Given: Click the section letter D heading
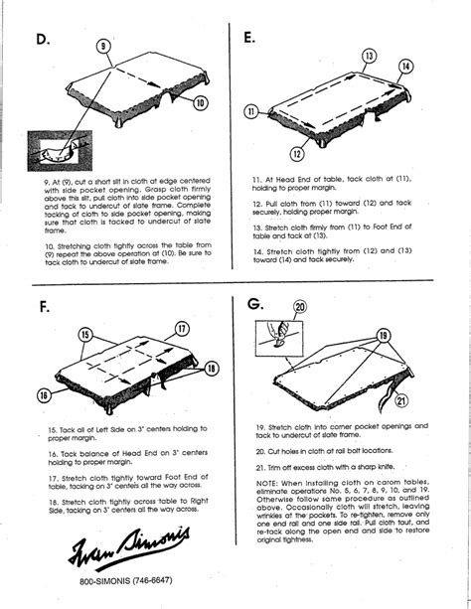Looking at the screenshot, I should pyautogui.click(x=42, y=41).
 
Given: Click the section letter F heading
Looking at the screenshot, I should pyautogui.click(x=45, y=307).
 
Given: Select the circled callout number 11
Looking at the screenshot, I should pyautogui.click(x=252, y=110).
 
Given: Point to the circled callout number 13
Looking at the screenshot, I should pyautogui.click(x=370, y=56).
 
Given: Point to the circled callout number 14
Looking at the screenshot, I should pyautogui.click(x=405, y=68).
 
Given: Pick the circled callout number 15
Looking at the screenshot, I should pyautogui.click(x=85, y=336).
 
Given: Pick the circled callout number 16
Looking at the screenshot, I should pyautogui.click(x=45, y=395).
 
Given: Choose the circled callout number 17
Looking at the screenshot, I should pyautogui.click(x=183, y=329).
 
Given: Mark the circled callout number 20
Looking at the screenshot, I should pyautogui.click(x=301, y=308).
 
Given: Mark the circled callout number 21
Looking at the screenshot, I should pyautogui.click(x=400, y=400).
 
